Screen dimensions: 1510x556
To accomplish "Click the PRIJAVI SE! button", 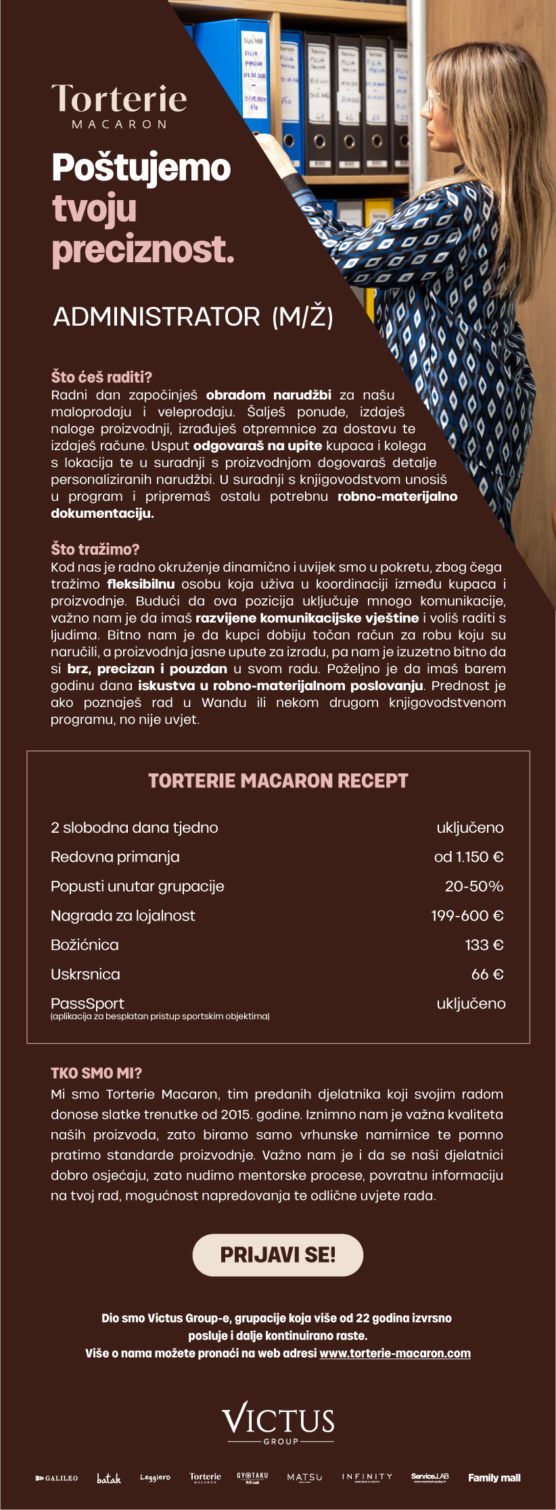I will pyautogui.click(x=278, y=1255).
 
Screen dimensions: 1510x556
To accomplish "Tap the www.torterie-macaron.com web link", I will pyautogui.click(x=395, y=1353).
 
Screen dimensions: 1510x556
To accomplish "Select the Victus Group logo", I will pyautogui.click(x=278, y=1423).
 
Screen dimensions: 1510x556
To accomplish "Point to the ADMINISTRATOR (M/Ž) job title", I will pyautogui.click(x=193, y=317).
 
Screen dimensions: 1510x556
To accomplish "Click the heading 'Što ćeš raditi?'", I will pyautogui.click(x=101, y=377).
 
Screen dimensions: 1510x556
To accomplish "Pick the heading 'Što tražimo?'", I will pyautogui.click(x=95, y=550).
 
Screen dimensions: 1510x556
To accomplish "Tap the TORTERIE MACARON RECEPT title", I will pyautogui.click(x=278, y=781).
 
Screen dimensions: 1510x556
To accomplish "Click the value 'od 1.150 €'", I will pyautogui.click(x=469, y=857).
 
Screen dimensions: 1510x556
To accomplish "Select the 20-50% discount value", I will pyautogui.click(x=473, y=886).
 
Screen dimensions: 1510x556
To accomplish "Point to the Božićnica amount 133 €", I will pyautogui.click(x=484, y=945).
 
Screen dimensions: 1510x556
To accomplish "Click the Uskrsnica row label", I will pyautogui.click(x=85, y=974).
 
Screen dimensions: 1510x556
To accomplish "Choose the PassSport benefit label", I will pyautogui.click(x=87, y=1004).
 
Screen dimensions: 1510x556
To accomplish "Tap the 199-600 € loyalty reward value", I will pyautogui.click(x=467, y=916).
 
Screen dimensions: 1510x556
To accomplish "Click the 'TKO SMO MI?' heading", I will pyautogui.click(x=96, y=1073).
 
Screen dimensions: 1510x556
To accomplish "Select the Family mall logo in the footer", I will pyautogui.click(x=494, y=1478).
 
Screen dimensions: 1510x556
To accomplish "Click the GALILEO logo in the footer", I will pyautogui.click(x=57, y=1478).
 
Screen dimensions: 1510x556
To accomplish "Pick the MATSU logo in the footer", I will pyautogui.click(x=304, y=1478).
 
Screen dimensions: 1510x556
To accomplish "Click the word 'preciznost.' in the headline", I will pyautogui.click(x=143, y=250).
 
